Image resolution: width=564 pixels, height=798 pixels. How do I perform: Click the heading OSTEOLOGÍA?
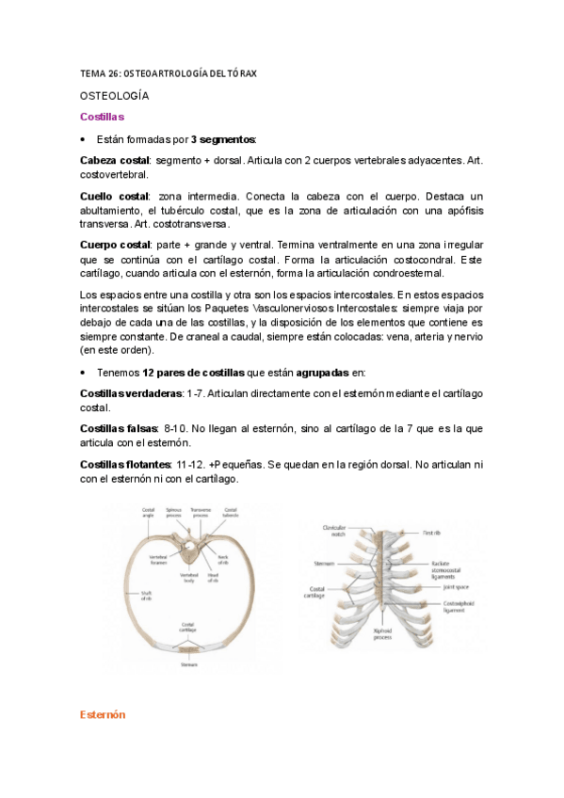coord(115,96)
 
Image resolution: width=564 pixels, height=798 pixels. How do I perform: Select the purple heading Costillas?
coord(103,117)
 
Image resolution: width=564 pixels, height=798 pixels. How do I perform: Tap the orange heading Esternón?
coord(103,715)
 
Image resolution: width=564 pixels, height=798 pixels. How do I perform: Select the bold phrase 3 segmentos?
coord(222,139)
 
